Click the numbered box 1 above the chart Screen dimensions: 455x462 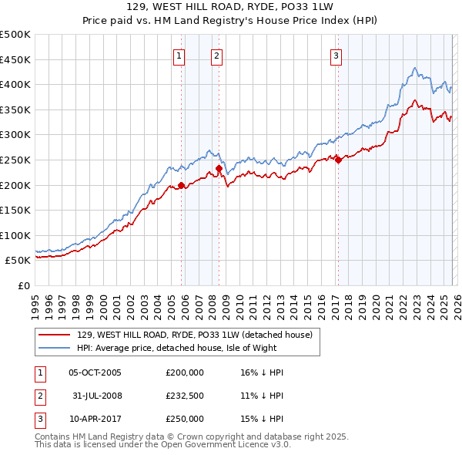(179, 55)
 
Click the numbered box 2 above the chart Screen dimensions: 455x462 (217, 55)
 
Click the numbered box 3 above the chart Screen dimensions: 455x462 (336, 55)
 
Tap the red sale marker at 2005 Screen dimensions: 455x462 (182, 185)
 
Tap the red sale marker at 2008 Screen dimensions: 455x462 (219, 168)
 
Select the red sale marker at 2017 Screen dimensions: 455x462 (338, 160)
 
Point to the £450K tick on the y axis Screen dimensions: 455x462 (15, 59)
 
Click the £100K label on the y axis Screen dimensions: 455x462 (15, 235)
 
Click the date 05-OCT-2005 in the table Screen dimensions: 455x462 (95, 372)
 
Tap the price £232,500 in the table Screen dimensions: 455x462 (184, 396)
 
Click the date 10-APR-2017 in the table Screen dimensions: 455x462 (95, 419)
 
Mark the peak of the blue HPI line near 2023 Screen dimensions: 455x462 (414, 68)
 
